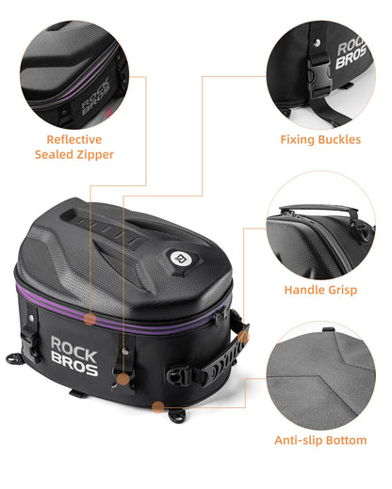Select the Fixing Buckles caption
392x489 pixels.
(319, 139)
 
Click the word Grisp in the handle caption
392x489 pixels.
(340, 291)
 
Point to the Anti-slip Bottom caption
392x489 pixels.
(319, 440)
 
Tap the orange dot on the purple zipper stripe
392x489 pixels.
(88, 319)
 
